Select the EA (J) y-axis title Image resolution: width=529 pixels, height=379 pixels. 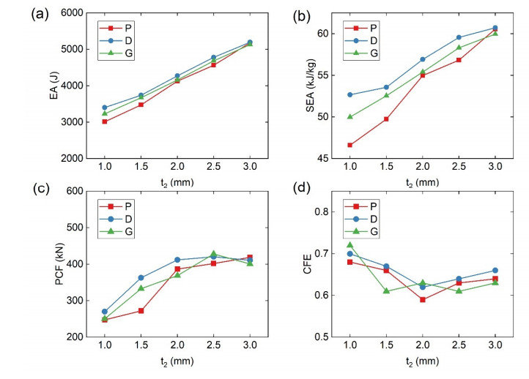tap(53, 86)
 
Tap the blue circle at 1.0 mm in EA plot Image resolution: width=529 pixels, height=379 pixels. tap(105, 108)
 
